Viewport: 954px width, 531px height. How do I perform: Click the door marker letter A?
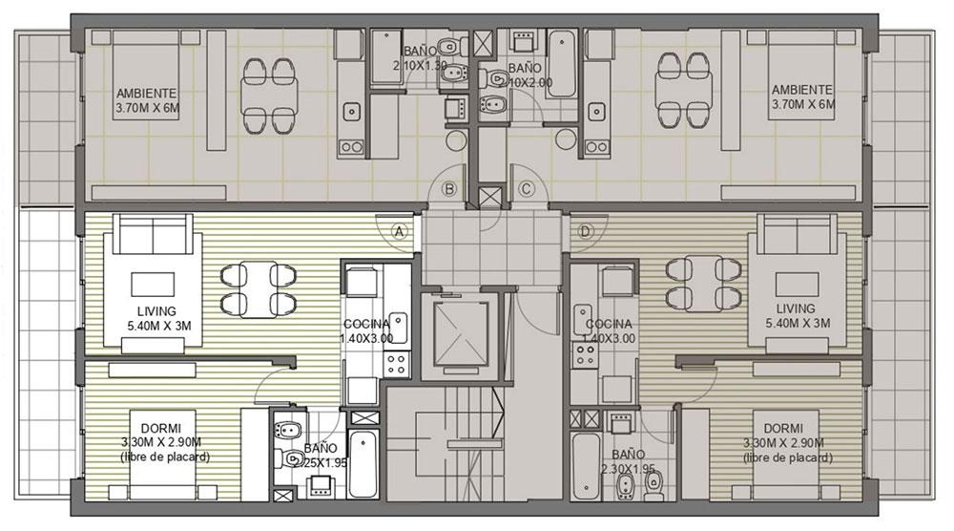[x=399, y=231]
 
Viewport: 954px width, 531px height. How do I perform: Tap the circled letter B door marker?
[x=449, y=189]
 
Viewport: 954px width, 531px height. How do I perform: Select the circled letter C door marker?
[x=527, y=189]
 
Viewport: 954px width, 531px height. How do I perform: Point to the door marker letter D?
[x=586, y=231]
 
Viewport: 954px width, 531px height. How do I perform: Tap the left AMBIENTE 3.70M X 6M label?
[x=147, y=101]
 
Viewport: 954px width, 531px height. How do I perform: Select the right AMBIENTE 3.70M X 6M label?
[x=803, y=97]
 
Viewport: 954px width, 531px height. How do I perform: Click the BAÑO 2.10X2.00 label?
[x=525, y=75]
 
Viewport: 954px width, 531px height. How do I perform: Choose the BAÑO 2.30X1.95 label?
[x=628, y=461]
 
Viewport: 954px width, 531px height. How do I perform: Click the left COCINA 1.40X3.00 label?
[x=367, y=330]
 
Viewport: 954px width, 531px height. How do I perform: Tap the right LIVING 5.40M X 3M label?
[x=796, y=316]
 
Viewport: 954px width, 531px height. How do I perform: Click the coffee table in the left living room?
[x=154, y=285]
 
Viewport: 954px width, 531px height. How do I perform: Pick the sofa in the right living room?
[x=797, y=234]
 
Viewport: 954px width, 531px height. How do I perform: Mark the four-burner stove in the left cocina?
[x=397, y=364]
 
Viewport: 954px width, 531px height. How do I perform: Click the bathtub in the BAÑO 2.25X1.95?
[x=363, y=463]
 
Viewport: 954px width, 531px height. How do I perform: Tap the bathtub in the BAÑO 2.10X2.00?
[x=561, y=64]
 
